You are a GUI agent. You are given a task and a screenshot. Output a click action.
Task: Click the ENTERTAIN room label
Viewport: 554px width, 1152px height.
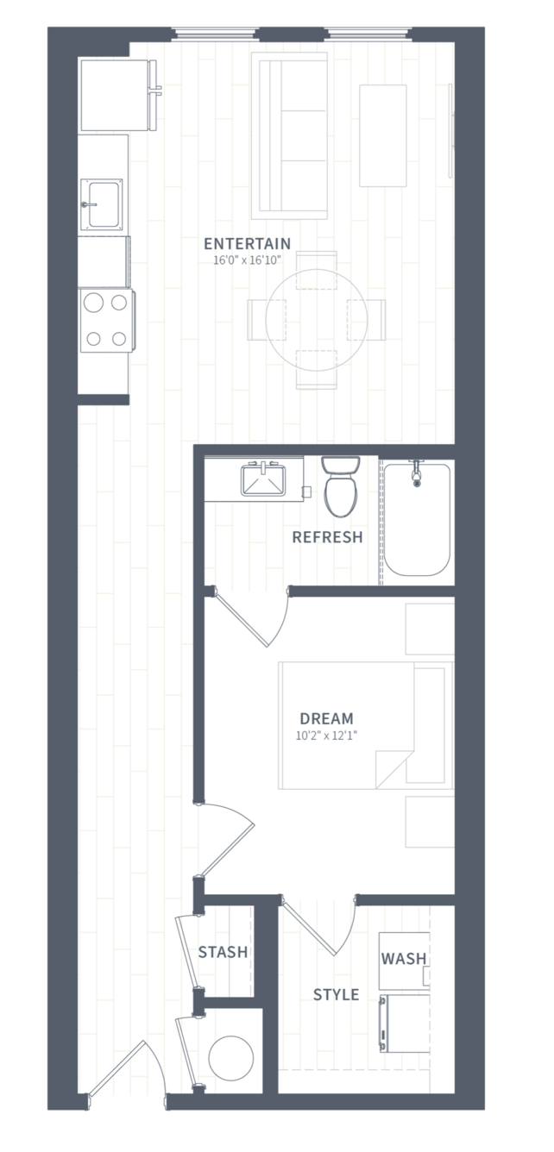point(247,243)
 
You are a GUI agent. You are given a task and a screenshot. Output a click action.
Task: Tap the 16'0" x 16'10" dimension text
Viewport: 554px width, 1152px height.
point(247,260)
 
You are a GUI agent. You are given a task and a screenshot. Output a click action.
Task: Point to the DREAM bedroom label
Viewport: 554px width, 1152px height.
point(326,718)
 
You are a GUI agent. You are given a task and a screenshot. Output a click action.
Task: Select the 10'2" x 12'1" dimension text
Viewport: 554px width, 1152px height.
point(326,736)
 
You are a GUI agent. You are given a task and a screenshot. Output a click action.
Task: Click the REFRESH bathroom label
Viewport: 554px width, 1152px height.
point(327,537)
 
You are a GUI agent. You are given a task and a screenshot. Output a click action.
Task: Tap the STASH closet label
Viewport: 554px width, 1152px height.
point(223,952)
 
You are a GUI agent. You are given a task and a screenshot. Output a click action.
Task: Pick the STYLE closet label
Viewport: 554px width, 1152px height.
point(337,994)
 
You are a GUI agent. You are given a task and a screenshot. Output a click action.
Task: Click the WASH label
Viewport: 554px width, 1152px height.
point(404,959)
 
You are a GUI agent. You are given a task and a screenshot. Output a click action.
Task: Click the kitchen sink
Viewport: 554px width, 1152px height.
point(102,204)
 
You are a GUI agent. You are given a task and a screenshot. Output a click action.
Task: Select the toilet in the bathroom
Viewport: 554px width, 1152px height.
point(340,486)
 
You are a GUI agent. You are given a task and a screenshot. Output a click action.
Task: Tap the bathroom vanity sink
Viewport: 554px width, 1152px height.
point(263,479)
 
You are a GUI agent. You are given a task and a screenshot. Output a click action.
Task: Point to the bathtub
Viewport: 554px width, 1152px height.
point(417,519)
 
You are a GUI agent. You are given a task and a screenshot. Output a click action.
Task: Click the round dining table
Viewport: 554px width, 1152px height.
point(316,320)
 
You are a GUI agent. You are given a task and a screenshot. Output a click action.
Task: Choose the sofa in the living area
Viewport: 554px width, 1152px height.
point(289,135)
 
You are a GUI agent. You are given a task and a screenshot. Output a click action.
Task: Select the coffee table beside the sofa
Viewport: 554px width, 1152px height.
point(382,135)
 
